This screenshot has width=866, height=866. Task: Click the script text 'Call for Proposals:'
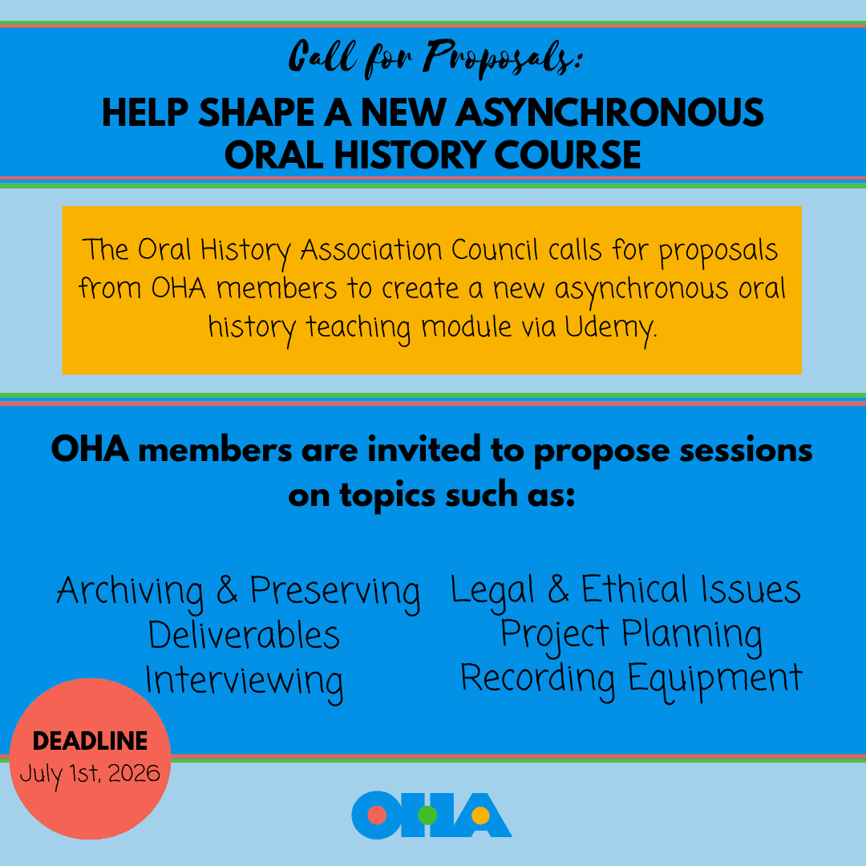point(432,58)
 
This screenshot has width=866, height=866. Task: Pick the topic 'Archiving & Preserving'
point(239,592)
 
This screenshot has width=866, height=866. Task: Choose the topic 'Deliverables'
point(245,636)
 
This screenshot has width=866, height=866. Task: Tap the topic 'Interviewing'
point(245,681)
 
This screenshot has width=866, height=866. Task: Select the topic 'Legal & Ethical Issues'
point(625,591)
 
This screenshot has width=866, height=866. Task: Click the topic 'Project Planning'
point(631,634)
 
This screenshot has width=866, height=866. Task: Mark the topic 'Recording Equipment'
point(631,678)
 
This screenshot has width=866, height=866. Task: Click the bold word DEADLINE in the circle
point(91,741)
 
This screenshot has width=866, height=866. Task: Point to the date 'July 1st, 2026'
point(91,774)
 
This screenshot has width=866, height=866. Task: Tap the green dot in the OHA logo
point(427,815)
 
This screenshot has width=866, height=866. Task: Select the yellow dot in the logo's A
point(480,816)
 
